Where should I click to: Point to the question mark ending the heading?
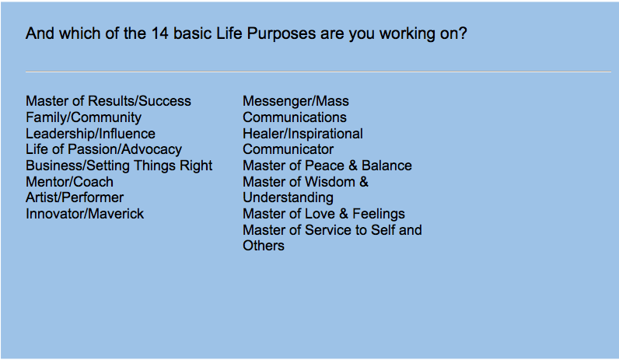(463, 34)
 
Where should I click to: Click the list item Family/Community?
(83, 117)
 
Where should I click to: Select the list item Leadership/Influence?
(90, 134)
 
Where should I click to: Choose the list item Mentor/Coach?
(69, 182)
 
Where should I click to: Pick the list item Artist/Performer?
(75, 197)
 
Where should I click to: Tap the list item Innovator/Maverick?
(85, 214)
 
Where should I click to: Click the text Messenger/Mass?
(296, 101)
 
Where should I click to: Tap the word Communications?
(295, 117)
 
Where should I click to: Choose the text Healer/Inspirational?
(303, 134)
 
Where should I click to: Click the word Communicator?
(288, 149)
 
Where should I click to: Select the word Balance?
(386, 166)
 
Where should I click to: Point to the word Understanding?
(288, 197)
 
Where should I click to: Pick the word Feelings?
(378, 214)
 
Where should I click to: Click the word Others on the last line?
(264, 246)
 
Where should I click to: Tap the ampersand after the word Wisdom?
(364, 182)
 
